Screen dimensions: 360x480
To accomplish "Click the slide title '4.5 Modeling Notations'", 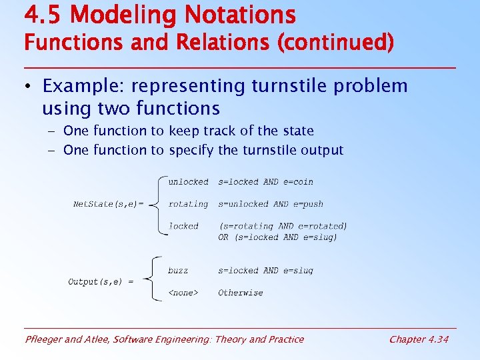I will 159,14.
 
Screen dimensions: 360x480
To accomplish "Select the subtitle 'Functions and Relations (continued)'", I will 209,43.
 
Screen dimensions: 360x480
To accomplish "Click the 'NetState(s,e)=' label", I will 108,204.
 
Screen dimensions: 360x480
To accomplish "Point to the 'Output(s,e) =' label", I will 101,282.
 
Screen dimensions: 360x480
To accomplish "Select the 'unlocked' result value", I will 188,182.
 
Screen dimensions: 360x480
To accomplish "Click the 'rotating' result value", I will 188,204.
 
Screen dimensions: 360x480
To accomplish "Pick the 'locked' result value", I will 183,226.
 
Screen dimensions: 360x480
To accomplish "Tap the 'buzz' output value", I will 178,271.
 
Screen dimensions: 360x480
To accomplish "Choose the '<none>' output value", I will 183,293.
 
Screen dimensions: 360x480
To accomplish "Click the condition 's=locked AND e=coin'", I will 265,182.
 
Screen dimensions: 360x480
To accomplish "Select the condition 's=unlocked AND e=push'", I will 271,204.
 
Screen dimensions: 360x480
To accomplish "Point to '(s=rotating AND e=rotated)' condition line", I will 283,226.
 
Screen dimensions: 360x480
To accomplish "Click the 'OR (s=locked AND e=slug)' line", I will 277,237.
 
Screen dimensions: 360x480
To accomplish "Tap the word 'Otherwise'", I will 240,293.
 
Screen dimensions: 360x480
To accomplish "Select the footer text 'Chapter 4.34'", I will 419,339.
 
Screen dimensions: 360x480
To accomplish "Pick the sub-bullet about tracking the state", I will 188,131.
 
